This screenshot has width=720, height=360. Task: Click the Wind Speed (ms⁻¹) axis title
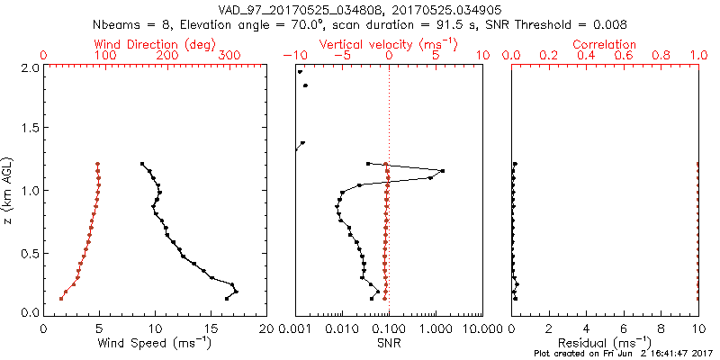[155, 343]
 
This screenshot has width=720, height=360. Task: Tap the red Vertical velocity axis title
[388, 44]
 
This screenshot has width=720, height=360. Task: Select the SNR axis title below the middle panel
[388, 343]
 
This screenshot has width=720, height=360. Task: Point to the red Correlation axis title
[605, 44]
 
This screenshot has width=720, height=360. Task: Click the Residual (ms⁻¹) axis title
[605, 343]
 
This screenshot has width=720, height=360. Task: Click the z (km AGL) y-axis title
[8, 189]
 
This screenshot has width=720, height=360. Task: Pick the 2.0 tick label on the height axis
[29, 67]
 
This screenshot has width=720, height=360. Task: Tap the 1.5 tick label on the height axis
[29, 129]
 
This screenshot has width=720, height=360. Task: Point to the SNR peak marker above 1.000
[442, 171]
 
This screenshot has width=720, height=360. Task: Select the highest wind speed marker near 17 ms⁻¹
[236, 292]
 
